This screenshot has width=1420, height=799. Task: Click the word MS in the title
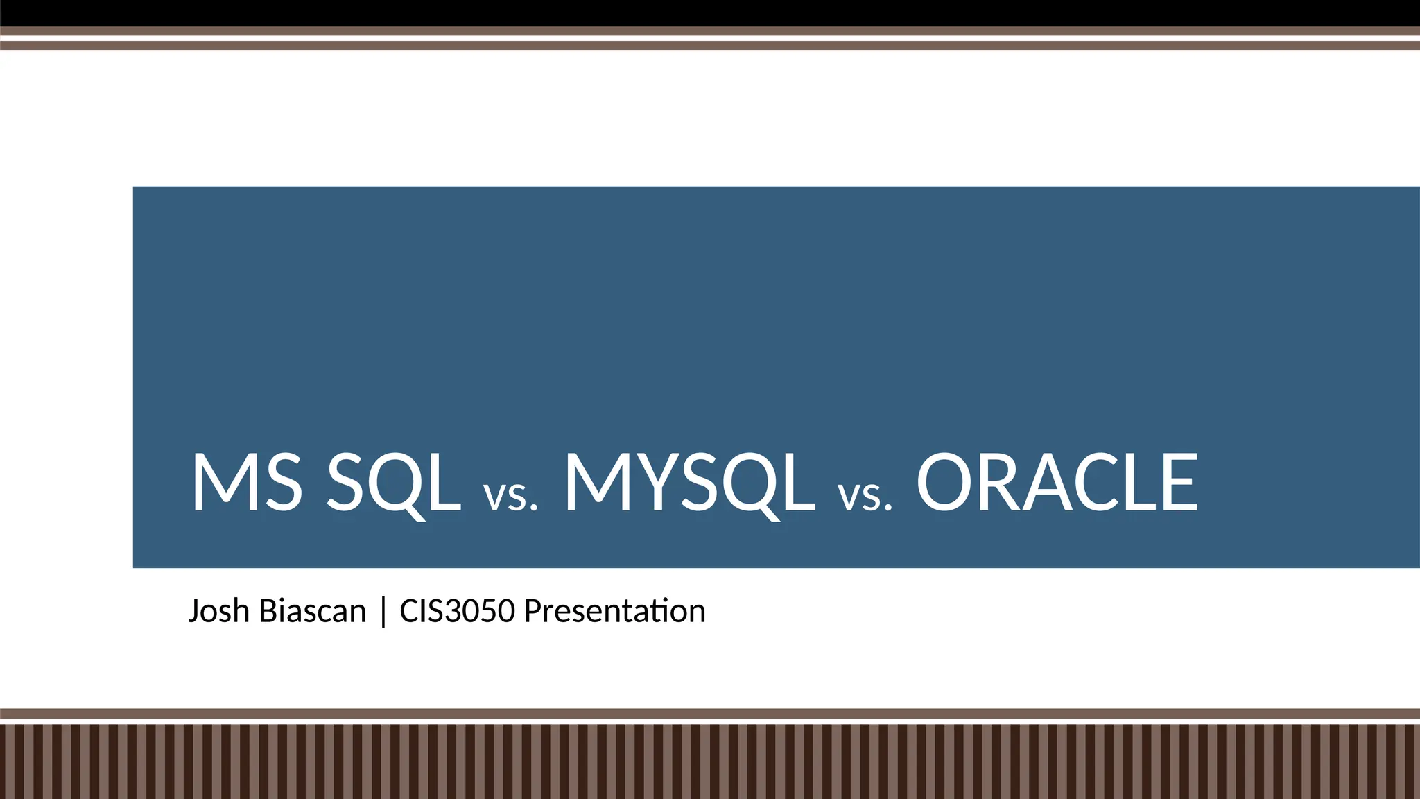click(x=247, y=483)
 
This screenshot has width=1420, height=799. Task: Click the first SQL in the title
click(x=394, y=483)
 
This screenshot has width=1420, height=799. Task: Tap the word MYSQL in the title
click(x=690, y=483)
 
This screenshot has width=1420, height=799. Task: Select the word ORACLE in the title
click(x=1057, y=483)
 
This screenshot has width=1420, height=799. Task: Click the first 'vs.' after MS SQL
click(x=511, y=495)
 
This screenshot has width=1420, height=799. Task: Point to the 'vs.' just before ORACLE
click(x=865, y=495)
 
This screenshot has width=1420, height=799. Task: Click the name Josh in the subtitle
click(x=218, y=611)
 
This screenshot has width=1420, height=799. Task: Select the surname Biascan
click(x=312, y=611)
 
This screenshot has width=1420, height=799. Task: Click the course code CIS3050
click(x=458, y=611)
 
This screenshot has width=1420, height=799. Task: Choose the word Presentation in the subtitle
click(x=614, y=611)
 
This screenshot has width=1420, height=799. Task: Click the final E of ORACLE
click(x=1179, y=483)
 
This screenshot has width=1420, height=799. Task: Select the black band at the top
click(x=710, y=12)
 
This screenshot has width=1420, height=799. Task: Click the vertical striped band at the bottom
click(x=710, y=762)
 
